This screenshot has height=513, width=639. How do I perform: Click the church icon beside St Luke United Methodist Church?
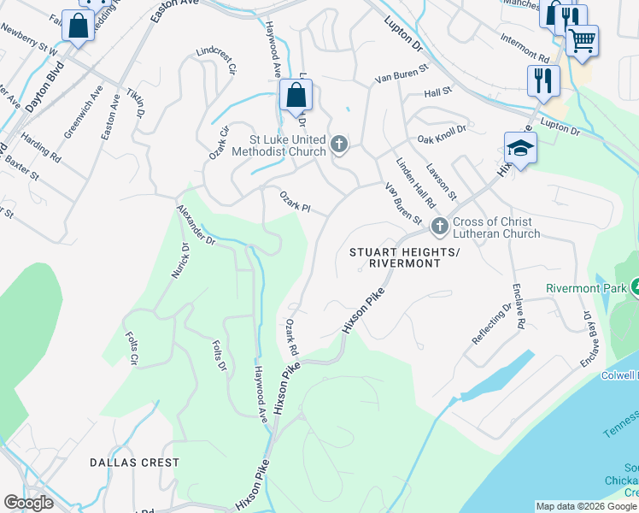[339, 144]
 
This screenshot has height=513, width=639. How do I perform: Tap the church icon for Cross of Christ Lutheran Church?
[440, 227]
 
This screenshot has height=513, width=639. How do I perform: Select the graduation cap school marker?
[520, 148]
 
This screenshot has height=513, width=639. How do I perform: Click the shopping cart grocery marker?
[582, 38]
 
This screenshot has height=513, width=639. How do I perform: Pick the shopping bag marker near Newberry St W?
[78, 27]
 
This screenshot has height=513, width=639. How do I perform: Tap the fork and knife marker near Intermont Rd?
[541, 80]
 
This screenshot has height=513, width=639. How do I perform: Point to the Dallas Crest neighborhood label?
[135, 463]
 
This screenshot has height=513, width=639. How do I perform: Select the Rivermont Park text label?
[586, 288]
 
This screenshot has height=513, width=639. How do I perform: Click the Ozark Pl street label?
[295, 202]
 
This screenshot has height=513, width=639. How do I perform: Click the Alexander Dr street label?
[197, 225]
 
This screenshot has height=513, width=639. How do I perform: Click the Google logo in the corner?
[29, 503]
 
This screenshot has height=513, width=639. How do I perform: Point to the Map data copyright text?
[586, 506]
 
